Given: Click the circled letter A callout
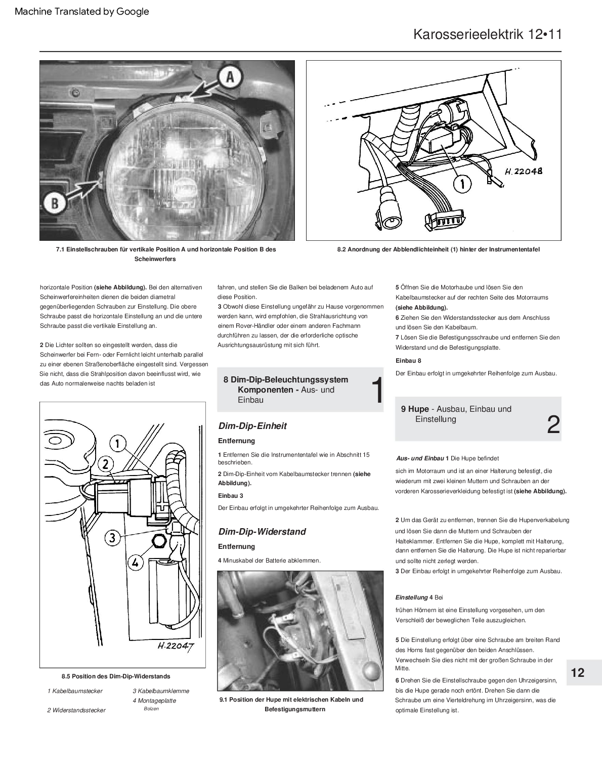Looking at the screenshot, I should pyautogui.click(x=230, y=77).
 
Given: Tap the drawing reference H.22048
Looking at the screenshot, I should pyautogui.click(x=523, y=171).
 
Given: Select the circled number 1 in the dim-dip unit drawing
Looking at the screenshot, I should pyautogui.click(x=461, y=184).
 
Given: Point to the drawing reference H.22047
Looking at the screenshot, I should pyautogui.click(x=175, y=647).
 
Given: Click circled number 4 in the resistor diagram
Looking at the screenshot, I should pyautogui.click(x=135, y=561).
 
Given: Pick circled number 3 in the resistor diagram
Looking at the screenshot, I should pyautogui.click(x=112, y=537).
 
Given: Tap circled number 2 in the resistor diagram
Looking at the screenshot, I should pyautogui.click(x=105, y=463).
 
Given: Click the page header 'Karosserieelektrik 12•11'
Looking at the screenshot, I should pyautogui.click(x=487, y=34).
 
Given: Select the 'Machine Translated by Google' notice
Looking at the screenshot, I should pyautogui.click(x=82, y=11).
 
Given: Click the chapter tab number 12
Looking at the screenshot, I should pyautogui.click(x=577, y=672).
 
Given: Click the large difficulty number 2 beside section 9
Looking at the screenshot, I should pyautogui.click(x=553, y=424).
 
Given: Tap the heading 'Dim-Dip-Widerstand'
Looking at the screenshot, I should pyautogui.click(x=262, y=532).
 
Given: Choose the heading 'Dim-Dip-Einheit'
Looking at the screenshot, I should pyautogui.click(x=252, y=426).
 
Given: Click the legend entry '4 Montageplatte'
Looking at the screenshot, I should pyautogui.click(x=154, y=701).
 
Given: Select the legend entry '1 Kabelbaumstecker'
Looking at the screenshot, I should pyautogui.click(x=75, y=691).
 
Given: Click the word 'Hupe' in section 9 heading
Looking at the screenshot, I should pyautogui.click(x=418, y=409).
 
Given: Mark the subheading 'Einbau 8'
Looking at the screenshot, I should pyautogui.click(x=408, y=361).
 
